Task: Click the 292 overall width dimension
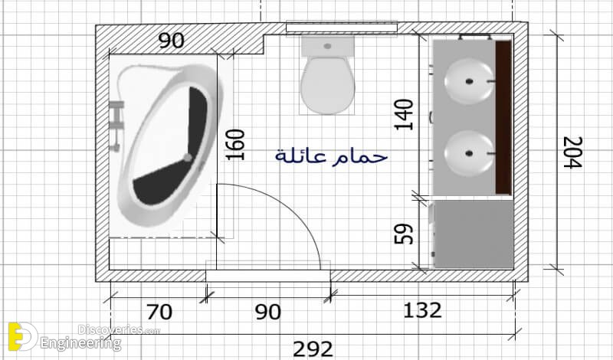[313, 349]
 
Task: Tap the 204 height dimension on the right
[572, 152]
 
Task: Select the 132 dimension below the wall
[422, 310]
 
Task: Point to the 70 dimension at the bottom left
[159, 313]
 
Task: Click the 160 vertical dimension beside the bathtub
[235, 145]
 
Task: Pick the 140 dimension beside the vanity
[404, 115]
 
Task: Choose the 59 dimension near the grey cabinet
[404, 234]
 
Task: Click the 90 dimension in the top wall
[171, 41]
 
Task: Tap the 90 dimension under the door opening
[267, 312]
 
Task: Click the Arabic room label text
[331, 156]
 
